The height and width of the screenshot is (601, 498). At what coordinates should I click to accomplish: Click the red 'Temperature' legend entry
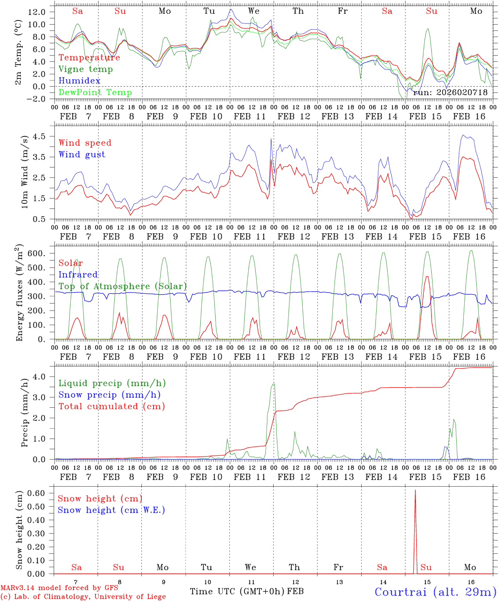(89, 58)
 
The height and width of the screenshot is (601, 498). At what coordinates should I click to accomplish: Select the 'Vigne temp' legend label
(86, 69)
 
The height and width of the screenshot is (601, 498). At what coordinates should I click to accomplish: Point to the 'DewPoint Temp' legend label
(95, 92)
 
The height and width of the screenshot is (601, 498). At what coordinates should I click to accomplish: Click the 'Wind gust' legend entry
(82, 154)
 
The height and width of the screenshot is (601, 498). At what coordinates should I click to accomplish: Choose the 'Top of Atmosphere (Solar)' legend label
(123, 286)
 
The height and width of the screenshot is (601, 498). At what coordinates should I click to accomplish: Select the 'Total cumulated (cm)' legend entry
(112, 406)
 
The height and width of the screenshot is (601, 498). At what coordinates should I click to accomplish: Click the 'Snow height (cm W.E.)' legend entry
(111, 510)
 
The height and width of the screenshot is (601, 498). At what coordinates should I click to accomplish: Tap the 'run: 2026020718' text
(450, 92)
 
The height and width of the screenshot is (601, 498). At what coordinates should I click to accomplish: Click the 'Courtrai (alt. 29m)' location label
(435, 591)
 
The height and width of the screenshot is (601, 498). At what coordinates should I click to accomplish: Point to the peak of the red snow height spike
(415, 490)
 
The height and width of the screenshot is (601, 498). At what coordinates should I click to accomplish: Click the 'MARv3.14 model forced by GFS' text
(59, 588)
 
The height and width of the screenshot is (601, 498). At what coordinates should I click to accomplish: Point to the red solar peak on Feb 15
(427, 276)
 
